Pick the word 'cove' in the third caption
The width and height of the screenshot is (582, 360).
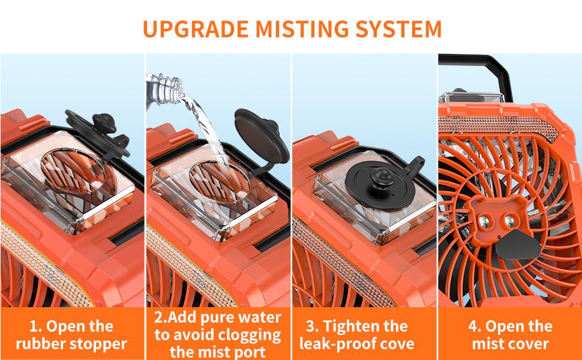(x=395, y=344)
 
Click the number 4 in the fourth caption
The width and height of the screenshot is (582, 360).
(x=473, y=326)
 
